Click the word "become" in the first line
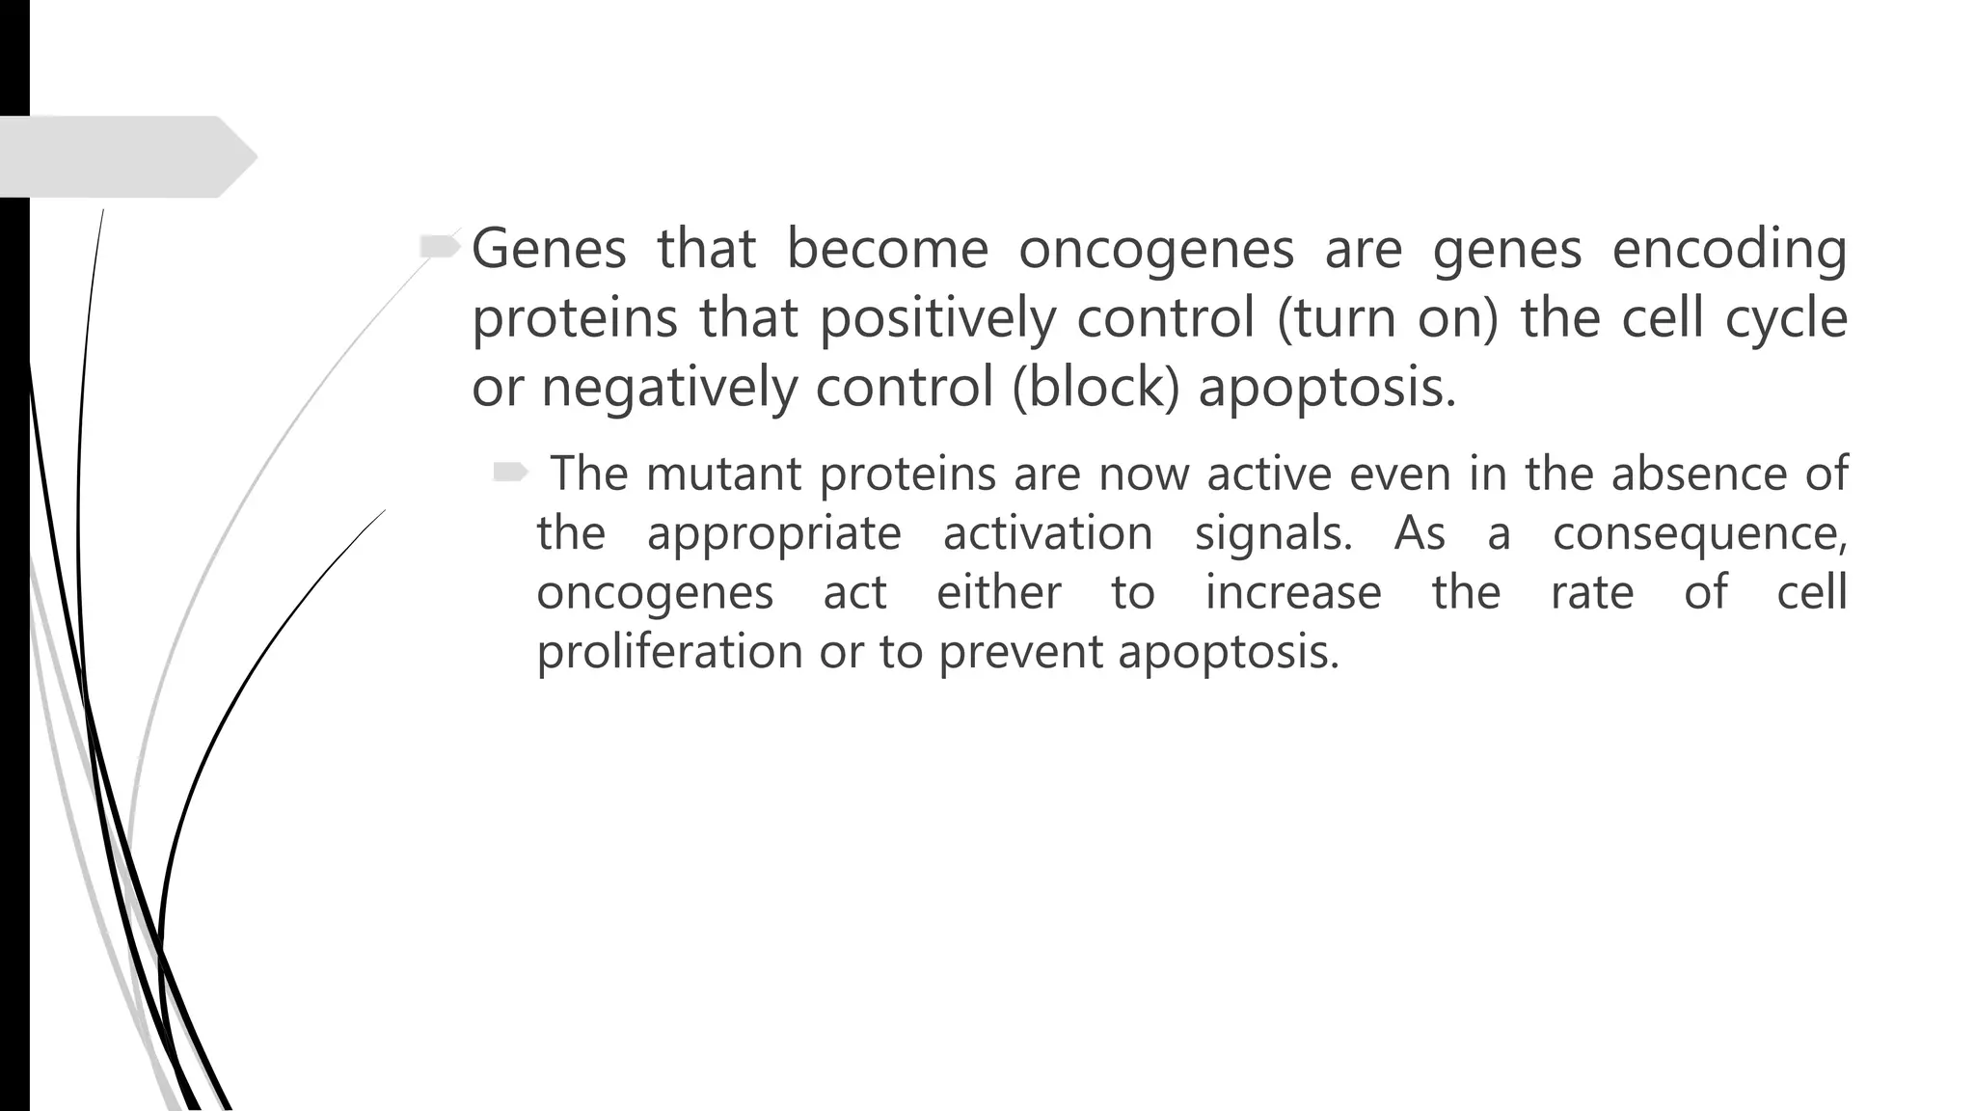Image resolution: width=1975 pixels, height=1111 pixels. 887,249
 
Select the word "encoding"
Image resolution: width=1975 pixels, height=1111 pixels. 1729,249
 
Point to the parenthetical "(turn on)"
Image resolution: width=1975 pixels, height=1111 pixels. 1388,318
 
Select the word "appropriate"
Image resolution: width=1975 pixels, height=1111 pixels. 773,533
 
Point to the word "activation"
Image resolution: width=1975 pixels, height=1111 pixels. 1047,533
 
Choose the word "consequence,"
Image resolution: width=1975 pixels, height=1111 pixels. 1699,533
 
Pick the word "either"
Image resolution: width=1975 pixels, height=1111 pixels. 999,592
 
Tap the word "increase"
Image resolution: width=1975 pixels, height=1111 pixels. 1293,592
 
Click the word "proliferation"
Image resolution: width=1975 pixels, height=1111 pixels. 669,652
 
